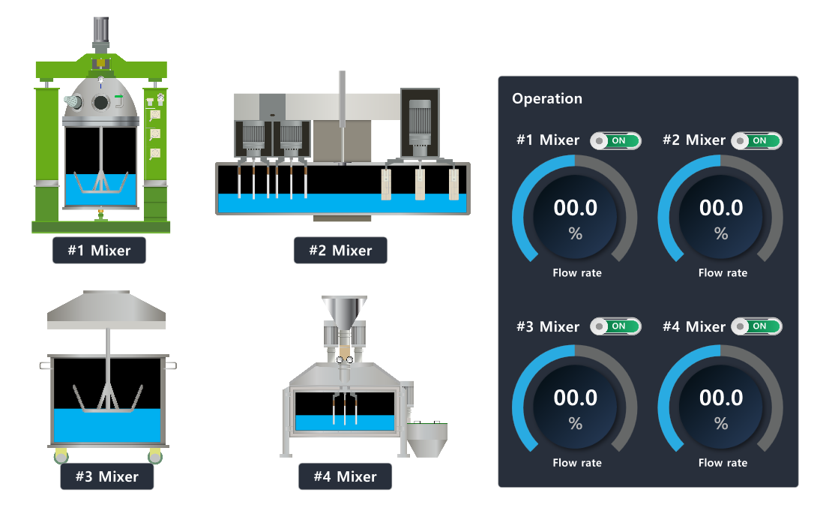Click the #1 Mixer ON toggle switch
pos(615,140)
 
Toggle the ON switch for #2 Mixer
pos(756,140)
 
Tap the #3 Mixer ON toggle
pos(615,326)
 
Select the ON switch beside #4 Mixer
pos(756,326)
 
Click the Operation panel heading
pos(546,98)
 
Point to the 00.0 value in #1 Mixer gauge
pos(575,208)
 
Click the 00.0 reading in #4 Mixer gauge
pos(721,398)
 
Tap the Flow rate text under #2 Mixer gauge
pos(723,273)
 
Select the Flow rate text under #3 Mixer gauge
pos(576,463)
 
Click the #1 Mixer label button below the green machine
pos(99,251)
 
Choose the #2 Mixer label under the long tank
pos(340,251)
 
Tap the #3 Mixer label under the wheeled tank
pos(106,476)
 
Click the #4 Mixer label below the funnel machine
pos(345,476)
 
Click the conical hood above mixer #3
pos(106,309)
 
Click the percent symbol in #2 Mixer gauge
pos(721,234)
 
